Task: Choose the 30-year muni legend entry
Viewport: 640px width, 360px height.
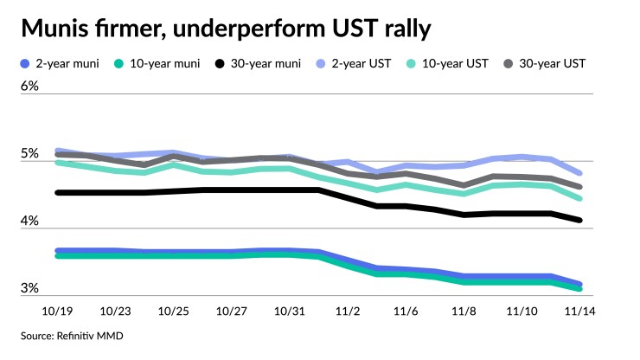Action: (x=265, y=63)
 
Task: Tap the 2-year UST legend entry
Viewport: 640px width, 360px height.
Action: (x=367, y=63)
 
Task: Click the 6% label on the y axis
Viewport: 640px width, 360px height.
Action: (x=30, y=87)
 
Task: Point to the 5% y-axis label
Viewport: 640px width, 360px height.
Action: (x=30, y=154)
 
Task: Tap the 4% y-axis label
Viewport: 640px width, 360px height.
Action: (x=30, y=222)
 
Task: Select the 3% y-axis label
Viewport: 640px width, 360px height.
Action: (x=30, y=288)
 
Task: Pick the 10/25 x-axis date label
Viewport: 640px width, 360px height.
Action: (x=174, y=308)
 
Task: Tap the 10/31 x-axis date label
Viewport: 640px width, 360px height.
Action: (x=288, y=308)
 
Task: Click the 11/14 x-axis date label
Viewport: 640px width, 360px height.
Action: (x=579, y=308)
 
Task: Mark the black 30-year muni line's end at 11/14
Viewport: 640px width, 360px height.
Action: (x=579, y=221)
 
